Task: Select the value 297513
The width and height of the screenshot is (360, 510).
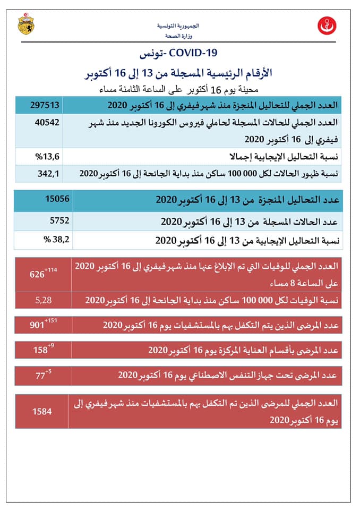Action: click(x=46, y=105)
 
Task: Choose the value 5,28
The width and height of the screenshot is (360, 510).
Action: click(x=43, y=300)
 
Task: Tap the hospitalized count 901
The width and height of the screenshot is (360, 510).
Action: click(x=38, y=325)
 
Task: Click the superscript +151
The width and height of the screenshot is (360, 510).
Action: click(x=51, y=320)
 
